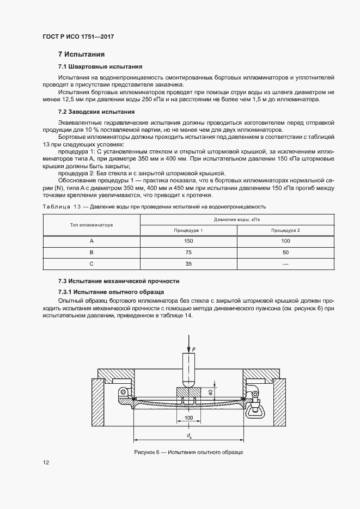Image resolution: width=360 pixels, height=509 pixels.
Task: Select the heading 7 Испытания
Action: [x=81, y=54]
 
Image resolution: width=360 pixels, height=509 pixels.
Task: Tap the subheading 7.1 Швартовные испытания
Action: [x=100, y=66]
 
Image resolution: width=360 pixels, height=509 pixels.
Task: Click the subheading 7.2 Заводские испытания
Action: [x=96, y=112]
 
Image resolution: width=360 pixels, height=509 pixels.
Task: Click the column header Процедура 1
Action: [x=188, y=230]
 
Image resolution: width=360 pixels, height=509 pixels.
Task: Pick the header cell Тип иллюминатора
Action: [x=91, y=225]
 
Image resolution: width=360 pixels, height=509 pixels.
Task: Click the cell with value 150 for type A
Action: [x=188, y=241]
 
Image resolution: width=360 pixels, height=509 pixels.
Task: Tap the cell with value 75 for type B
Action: [x=188, y=252]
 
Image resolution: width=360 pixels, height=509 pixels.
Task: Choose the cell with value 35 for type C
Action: [x=188, y=263]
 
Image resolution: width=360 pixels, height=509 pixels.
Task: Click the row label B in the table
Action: [x=91, y=252]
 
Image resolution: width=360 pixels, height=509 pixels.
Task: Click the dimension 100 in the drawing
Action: [x=188, y=418]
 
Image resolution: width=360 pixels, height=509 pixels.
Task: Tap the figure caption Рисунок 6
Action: [x=188, y=452]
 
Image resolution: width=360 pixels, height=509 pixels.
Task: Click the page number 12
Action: [x=46, y=463]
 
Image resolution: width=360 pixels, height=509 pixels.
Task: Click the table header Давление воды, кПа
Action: [x=237, y=219]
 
